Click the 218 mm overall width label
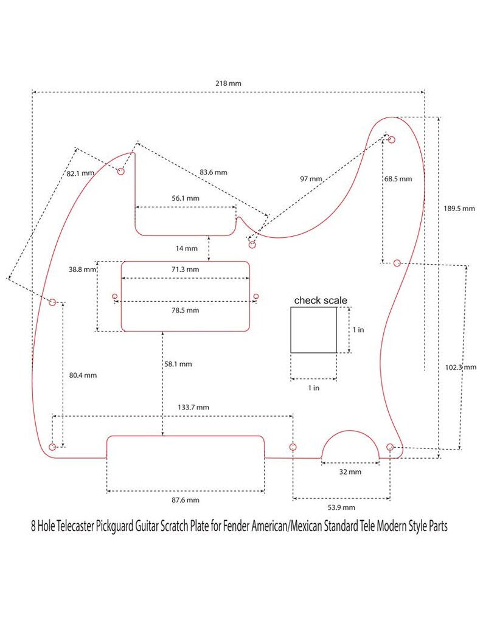[x=228, y=83]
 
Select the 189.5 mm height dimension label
[x=459, y=209]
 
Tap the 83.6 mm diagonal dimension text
[x=214, y=172]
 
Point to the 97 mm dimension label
[x=311, y=179]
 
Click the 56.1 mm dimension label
[x=186, y=198]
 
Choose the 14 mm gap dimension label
[x=186, y=249]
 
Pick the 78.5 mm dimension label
[x=185, y=310]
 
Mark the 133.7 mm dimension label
[x=193, y=407]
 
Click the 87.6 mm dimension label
[x=185, y=500]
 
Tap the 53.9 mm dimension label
[x=341, y=507]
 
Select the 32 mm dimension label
[x=350, y=472]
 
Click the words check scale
[x=321, y=301]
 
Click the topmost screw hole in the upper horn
[x=392, y=139]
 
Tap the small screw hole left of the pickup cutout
[x=115, y=296]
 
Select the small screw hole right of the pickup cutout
[x=256, y=296]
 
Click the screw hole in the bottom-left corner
[x=52, y=447]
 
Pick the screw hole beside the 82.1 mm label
[x=120, y=171]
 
